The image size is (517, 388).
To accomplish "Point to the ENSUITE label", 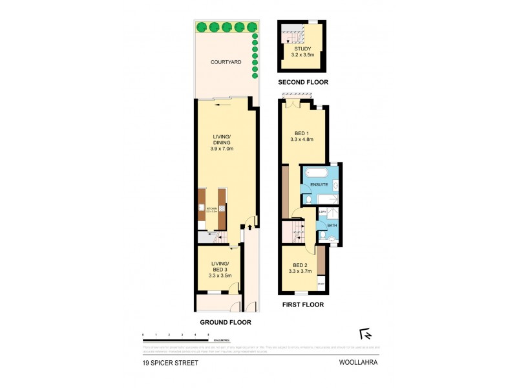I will click(x=319, y=185).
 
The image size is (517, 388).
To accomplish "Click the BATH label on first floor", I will click(x=332, y=225).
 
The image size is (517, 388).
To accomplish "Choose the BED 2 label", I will click(x=299, y=265).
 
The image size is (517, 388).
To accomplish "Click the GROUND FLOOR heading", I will click(x=226, y=322).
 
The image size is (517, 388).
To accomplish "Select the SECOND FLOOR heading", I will click(x=303, y=83).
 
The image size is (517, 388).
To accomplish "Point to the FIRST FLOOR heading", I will click(x=303, y=305).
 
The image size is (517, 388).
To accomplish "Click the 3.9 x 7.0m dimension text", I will click(x=221, y=149).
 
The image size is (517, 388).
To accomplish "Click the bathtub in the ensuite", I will click(x=317, y=173).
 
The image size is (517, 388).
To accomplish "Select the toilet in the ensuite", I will click(x=306, y=199).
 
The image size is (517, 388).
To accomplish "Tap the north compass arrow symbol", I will click(x=366, y=334).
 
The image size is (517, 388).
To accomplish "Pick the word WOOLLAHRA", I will click(x=358, y=363).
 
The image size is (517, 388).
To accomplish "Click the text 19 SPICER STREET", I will click(x=171, y=363).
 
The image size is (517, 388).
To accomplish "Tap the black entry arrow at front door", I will click(x=249, y=227).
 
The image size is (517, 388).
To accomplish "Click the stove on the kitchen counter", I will click(x=222, y=209).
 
